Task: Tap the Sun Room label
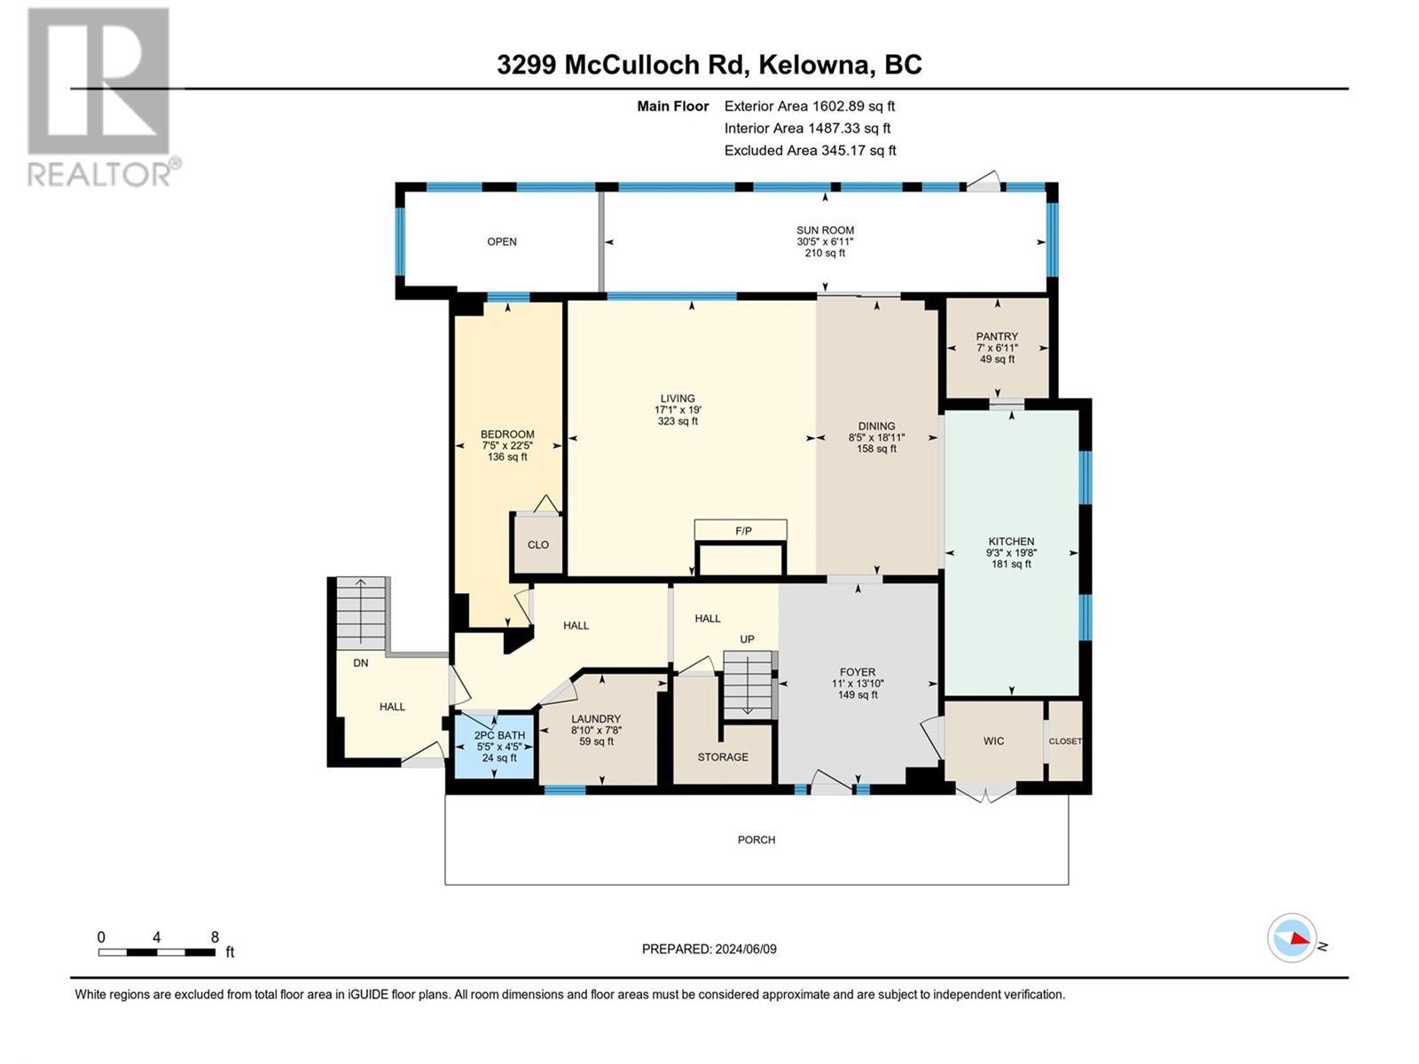825,231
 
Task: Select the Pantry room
997,348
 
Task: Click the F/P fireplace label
743,531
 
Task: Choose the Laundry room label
596,719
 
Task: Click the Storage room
723,756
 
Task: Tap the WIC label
993,741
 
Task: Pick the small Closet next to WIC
1065,741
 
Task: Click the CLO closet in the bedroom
537,544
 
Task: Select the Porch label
757,840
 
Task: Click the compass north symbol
1292,938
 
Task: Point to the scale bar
157,952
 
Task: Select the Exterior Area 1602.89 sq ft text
809,106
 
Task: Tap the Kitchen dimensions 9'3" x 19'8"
1011,552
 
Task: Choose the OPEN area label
502,242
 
